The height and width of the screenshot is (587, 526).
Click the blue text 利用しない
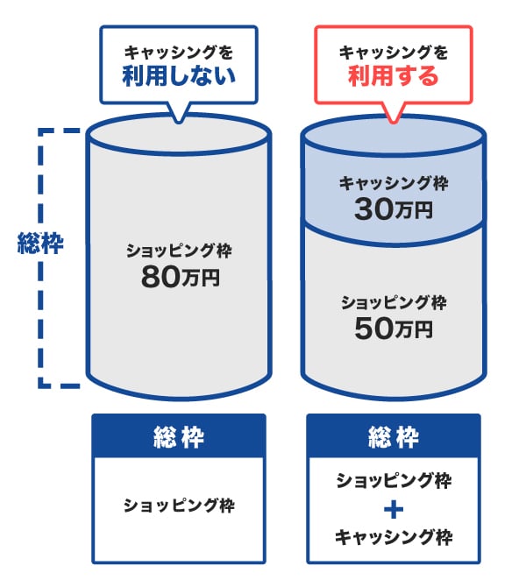tap(180, 76)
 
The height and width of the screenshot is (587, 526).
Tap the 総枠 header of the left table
tap(179, 436)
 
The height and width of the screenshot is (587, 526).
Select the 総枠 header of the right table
tap(394, 436)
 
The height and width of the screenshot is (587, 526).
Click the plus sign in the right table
tap(394, 508)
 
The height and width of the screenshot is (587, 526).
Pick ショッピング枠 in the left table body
tap(179, 506)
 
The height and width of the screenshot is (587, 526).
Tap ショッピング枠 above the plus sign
tap(394, 480)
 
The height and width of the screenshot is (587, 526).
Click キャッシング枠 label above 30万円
tap(393, 183)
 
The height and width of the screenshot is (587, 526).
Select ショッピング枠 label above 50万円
tap(393, 303)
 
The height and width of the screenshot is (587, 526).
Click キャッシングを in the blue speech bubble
tap(180, 52)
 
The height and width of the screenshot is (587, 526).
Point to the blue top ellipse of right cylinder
tap(393, 134)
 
